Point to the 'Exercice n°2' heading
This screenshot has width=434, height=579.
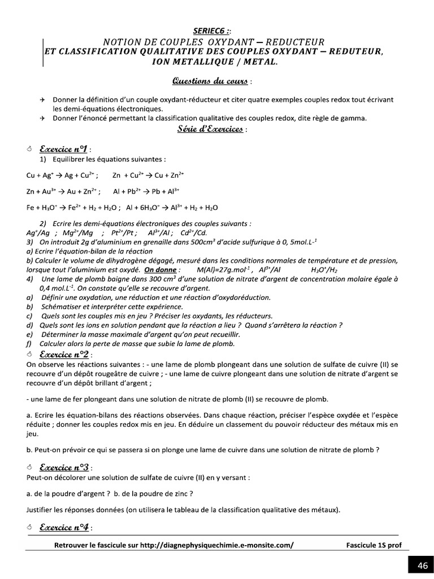pos(63,354)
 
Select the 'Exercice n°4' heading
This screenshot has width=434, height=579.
pos(63,527)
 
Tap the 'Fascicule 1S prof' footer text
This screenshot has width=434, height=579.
pos(373,545)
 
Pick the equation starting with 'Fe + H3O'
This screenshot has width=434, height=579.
pos(71,208)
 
